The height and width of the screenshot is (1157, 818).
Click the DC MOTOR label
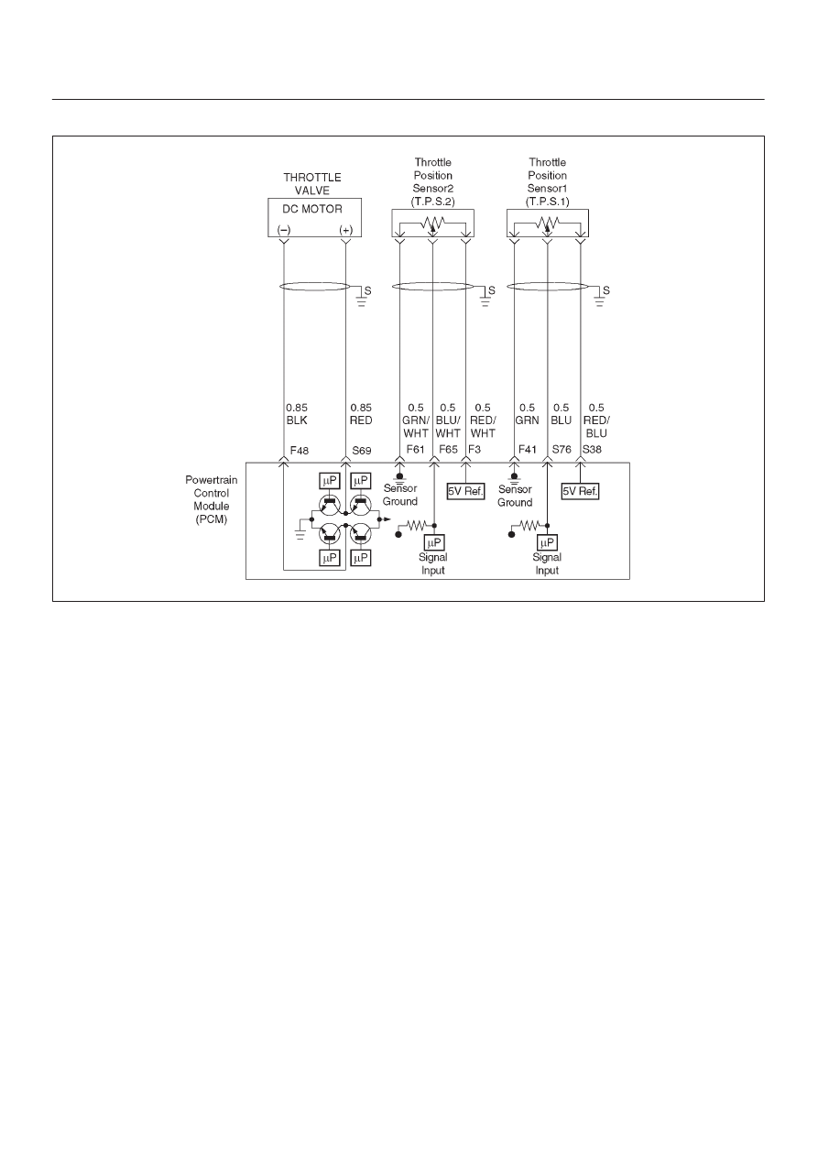tap(312, 209)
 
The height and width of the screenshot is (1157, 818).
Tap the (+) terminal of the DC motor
tap(346, 230)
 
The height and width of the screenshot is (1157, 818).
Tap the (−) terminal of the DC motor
tap(284, 230)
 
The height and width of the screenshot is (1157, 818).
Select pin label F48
tap(300, 451)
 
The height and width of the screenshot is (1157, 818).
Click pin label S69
tap(362, 451)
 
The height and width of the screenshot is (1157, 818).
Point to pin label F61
tap(415, 450)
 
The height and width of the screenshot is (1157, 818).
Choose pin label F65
tap(448, 450)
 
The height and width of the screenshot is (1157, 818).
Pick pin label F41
tap(528, 450)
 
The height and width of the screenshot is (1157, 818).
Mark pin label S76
tap(562, 450)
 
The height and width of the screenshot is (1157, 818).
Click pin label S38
tap(592, 450)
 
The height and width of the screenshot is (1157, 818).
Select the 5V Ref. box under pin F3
tap(466, 491)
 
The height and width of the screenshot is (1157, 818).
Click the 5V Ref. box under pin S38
tap(580, 491)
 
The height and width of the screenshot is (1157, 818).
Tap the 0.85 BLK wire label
tap(297, 414)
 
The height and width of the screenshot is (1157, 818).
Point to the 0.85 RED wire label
tap(361, 414)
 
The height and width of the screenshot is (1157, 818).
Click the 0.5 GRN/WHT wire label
tap(416, 420)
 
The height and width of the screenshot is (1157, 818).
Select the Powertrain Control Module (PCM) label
tap(212, 499)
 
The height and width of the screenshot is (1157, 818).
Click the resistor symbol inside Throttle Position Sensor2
tap(432, 223)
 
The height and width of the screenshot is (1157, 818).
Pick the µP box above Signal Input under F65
tap(434, 542)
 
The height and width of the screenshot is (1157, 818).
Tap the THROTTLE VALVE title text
tap(312, 184)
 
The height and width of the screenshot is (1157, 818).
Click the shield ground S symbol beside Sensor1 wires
tap(602, 297)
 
